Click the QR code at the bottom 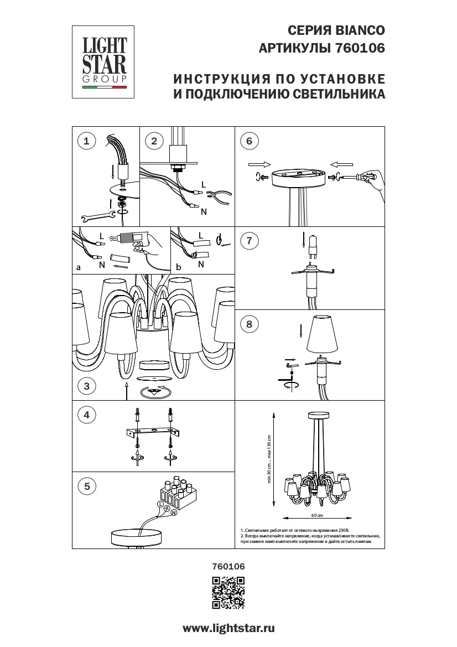pyautogui.click(x=228, y=592)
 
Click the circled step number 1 pyautogui.click(x=86, y=141)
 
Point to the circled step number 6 pyautogui.click(x=249, y=141)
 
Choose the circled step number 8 pyautogui.click(x=249, y=324)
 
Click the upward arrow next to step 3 pyautogui.click(x=127, y=389)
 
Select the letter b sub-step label pyautogui.click(x=178, y=267)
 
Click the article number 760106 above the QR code pyautogui.click(x=228, y=566)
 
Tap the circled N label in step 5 pyautogui.click(x=174, y=513)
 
